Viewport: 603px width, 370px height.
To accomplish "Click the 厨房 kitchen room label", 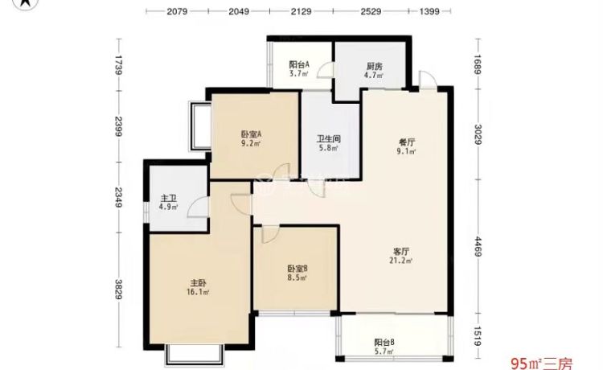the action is [374, 66].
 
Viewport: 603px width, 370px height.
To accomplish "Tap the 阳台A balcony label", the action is [299, 64].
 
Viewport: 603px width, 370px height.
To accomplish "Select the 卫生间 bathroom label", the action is [329, 138].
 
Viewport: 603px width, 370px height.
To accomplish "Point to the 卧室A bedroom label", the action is [252, 134].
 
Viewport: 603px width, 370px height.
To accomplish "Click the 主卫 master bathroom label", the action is [169, 198].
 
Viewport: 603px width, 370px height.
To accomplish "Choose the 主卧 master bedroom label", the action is [197, 283].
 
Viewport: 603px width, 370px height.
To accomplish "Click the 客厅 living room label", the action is [401, 252].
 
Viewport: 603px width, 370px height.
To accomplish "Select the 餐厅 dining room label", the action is [407, 142].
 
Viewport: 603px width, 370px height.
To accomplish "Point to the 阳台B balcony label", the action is [384, 342].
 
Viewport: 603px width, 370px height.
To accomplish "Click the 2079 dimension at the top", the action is [177, 11].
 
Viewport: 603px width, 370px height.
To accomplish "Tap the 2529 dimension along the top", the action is [371, 11].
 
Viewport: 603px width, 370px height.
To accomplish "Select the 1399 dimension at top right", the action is [429, 11].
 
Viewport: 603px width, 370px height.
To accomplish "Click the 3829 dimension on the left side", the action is [118, 290].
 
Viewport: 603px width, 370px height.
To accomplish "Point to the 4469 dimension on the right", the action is [478, 247].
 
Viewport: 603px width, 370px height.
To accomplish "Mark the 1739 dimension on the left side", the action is [118, 65].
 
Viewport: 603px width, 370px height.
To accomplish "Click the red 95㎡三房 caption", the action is [541, 363].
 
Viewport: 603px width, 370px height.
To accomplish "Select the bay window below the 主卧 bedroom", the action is [195, 355].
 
